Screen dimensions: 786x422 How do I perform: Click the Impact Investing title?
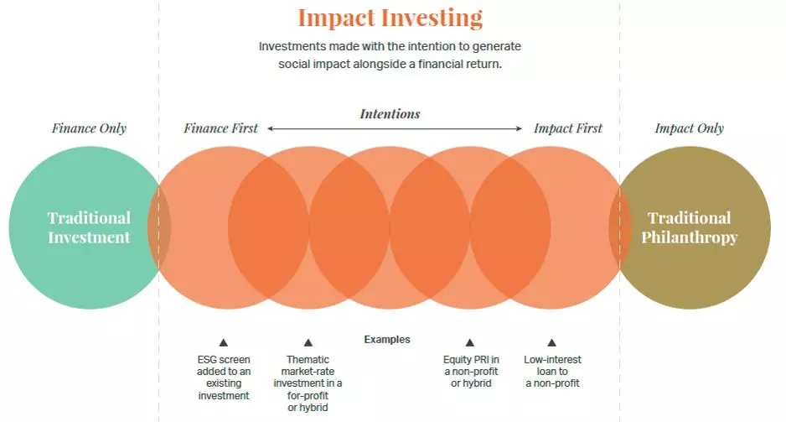pos(390,18)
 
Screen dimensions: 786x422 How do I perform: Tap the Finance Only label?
pos(89,128)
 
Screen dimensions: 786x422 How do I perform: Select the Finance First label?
pos(220,128)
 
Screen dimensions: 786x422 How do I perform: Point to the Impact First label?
pos(568,128)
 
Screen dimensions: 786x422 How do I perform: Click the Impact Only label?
pos(690,128)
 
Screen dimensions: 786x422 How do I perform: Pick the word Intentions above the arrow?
pos(390,114)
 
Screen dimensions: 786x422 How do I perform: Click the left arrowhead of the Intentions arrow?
pos(270,129)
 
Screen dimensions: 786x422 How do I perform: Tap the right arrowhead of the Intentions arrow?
pos(519,129)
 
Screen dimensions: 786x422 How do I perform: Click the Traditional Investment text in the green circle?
pos(89,227)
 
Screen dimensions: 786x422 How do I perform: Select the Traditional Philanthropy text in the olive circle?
pos(690,227)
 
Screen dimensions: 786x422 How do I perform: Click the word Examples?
pos(387,340)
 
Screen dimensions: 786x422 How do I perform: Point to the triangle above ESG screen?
pos(224,343)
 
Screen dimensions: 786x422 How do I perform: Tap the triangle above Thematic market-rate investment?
pos(308,343)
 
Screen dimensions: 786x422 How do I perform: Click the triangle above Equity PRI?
pos(470,343)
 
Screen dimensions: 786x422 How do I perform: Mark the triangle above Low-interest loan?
pos(552,343)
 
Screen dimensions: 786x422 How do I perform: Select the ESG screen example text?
pos(224,378)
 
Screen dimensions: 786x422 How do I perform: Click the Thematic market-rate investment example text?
pos(308,383)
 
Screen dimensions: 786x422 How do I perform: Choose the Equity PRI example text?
pos(471,372)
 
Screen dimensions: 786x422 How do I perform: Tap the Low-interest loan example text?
pos(552,372)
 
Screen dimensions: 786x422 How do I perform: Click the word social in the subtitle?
pos(294,65)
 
